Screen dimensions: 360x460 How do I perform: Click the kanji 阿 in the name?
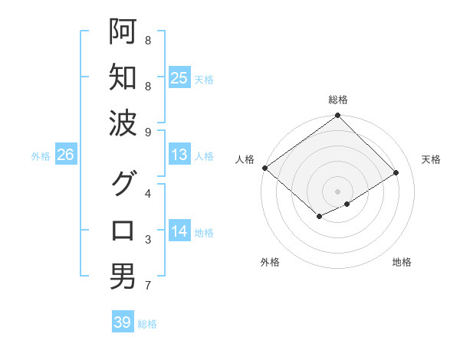(123, 31)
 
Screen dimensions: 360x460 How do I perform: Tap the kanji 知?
(123, 77)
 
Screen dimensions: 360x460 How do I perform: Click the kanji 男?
(123, 277)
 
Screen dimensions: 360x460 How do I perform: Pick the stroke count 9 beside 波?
(148, 132)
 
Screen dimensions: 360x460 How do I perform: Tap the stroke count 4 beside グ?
(148, 193)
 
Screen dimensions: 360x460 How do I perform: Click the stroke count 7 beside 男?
(148, 286)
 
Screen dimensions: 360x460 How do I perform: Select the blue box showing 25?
(179, 77)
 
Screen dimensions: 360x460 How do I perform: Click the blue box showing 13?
(179, 155)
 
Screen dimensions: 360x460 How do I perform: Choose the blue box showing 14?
(179, 231)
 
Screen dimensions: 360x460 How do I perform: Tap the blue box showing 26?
(65, 155)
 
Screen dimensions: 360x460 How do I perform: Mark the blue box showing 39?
(122, 322)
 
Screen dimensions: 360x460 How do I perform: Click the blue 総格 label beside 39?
(147, 324)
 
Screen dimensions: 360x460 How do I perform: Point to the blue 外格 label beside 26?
(41, 156)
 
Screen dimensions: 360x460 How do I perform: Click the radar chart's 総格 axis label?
(337, 100)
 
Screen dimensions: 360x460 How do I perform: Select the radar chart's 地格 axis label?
(402, 262)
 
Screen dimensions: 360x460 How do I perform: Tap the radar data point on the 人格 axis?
(264, 168)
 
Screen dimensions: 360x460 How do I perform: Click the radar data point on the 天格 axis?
(396, 172)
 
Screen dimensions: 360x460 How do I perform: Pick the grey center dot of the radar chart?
(337, 191)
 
